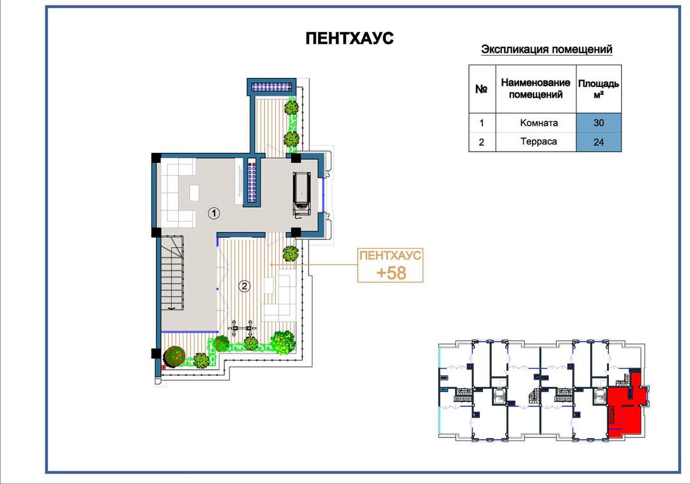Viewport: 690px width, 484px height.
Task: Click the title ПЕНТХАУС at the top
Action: [x=349, y=38]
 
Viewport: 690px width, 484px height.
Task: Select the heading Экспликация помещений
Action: [x=546, y=49]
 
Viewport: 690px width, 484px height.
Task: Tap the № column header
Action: [x=482, y=89]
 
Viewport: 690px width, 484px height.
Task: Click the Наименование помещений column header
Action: [x=535, y=88]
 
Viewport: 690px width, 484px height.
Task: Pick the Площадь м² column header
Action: [x=599, y=88]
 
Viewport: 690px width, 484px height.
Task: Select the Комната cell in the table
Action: [x=539, y=123]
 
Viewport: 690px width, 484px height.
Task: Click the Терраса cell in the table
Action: [x=539, y=142]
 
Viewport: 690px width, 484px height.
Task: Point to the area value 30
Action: [x=599, y=123]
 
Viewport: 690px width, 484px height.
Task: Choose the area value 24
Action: [x=599, y=142]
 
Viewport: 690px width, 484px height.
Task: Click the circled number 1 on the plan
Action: [x=214, y=214]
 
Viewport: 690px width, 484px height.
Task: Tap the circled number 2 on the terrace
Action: [x=244, y=286]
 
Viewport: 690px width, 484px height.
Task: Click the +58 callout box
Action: [x=390, y=265]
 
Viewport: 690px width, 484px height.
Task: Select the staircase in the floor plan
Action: [x=172, y=273]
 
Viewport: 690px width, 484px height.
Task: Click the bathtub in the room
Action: [x=302, y=194]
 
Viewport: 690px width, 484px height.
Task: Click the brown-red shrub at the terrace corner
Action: [x=174, y=355]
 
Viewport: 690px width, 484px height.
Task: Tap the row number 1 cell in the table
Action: [x=482, y=123]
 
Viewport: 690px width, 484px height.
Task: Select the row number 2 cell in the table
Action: [x=482, y=142]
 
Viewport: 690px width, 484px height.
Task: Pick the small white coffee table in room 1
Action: [x=194, y=193]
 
